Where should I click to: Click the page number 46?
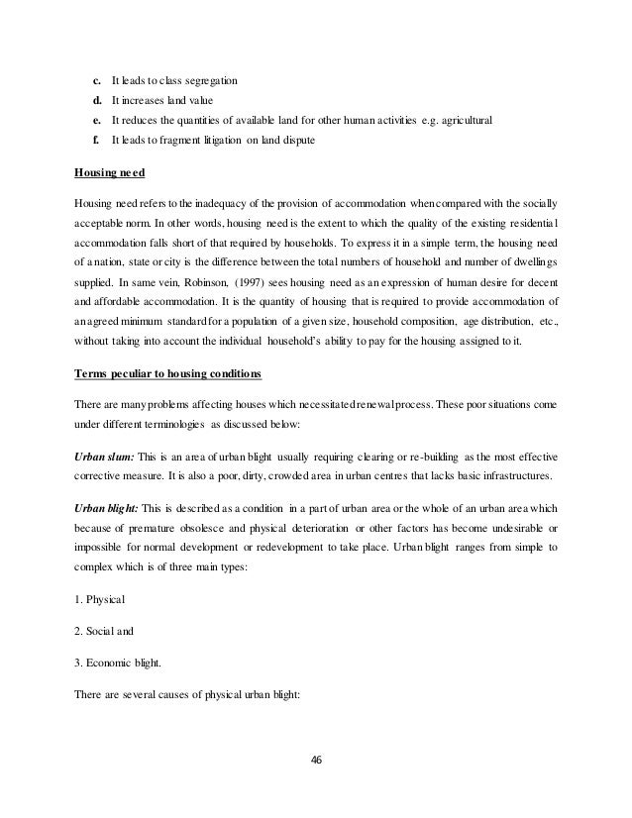316,760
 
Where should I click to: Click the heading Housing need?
110,172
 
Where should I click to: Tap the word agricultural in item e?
465,121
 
